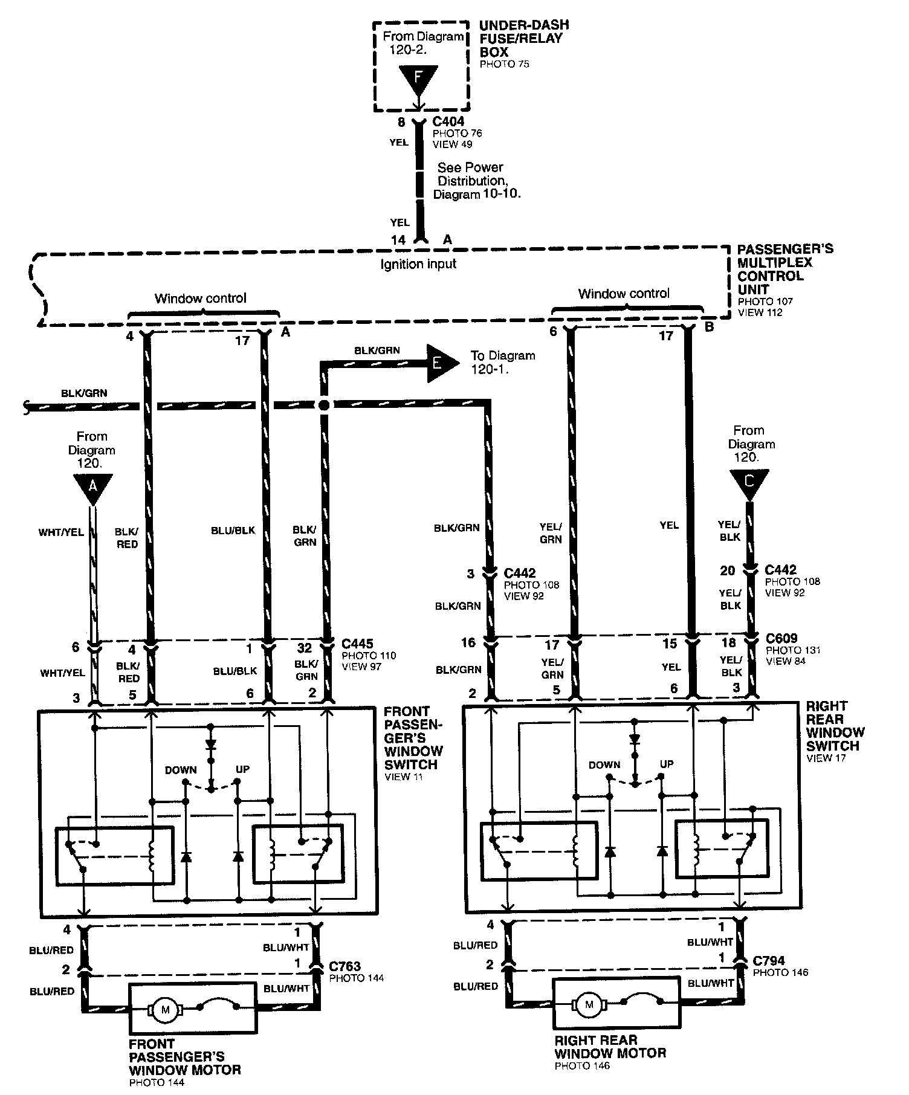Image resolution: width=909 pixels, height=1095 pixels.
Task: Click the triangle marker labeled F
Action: (417, 79)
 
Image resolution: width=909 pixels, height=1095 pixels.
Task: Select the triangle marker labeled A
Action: (92, 487)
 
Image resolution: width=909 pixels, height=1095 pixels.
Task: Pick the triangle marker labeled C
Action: (749, 483)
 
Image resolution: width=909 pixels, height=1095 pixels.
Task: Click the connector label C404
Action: (448, 122)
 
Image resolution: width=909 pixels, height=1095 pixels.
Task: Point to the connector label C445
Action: (357, 644)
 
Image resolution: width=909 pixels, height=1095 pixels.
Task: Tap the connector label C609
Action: (781, 638)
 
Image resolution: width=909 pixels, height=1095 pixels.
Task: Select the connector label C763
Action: (345, 967)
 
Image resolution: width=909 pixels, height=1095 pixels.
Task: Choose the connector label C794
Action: (769, 960)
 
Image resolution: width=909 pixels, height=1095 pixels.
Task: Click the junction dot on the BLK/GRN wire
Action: (324, 405)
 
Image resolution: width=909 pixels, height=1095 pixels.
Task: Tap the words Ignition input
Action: (418, 263)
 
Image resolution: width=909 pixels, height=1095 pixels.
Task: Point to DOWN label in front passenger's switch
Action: (181, 770)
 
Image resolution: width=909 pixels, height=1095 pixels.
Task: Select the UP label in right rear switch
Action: (666, 764)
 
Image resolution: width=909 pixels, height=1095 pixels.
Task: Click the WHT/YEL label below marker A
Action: (61, 532)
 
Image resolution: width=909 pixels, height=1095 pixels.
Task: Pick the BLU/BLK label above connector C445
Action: (233, 531)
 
